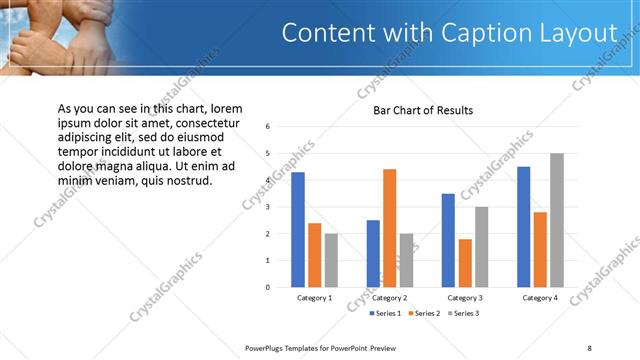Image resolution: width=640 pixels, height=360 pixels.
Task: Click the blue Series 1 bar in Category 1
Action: [298, 229]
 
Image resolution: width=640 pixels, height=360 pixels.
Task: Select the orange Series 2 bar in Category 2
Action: [389, 227]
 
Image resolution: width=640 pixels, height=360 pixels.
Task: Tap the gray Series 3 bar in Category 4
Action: [557, 220]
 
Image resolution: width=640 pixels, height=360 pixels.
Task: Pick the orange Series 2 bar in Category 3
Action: [465, 262]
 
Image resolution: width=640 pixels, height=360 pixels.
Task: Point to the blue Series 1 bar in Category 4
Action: [524, 226]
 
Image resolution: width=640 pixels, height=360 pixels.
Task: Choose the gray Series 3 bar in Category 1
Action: [331, 260]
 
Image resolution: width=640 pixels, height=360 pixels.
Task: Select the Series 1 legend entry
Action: [385, 314]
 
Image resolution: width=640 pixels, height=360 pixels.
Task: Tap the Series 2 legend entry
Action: [423, 314]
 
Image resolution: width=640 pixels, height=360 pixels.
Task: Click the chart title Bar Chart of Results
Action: [423, 110]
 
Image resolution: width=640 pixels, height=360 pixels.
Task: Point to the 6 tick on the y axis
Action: [268, 127]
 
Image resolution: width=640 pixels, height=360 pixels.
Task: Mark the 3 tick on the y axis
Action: [268, 207]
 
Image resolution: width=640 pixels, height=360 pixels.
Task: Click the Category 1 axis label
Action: [314, 298]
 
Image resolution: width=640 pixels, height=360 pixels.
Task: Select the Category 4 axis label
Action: [540, 298]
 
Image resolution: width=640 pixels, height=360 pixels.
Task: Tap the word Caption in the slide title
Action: [479, 33]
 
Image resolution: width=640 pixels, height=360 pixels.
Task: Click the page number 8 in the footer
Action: [589, 347]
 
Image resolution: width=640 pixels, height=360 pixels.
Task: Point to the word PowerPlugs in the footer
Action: [268, 347]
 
